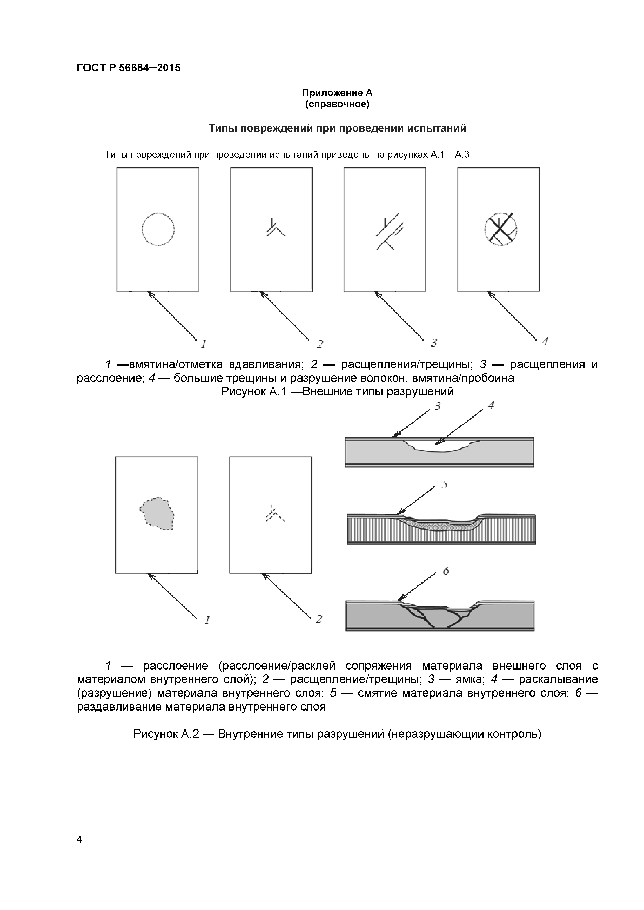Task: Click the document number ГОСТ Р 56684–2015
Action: pos(128,68)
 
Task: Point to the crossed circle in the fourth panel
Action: pos(501,230)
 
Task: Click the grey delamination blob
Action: pos(157,514)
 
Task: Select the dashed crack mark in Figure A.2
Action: pos(274,514)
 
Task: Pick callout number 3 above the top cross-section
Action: pos(437,406)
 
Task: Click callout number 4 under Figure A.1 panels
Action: pos(545,341)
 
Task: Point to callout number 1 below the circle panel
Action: pos(203,344)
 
